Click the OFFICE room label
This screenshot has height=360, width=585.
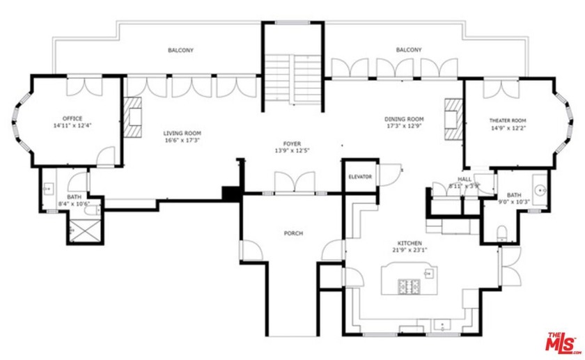pos(72,118)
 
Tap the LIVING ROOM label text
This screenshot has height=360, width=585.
pos(182,133)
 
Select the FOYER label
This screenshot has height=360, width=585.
pos(292,143)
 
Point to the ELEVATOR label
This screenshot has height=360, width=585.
pos(360,177)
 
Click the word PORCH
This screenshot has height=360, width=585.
pos(293,233)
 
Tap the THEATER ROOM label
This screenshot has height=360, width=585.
pos(507,120)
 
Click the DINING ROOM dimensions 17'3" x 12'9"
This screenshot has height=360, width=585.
pos(405,127)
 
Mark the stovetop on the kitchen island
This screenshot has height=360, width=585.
pos(409,285)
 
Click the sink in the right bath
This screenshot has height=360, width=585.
pos(540,189)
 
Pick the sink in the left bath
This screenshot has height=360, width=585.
pos(49,189)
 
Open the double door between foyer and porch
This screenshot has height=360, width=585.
pos(292,183)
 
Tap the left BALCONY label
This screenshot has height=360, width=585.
pos(180,50)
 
